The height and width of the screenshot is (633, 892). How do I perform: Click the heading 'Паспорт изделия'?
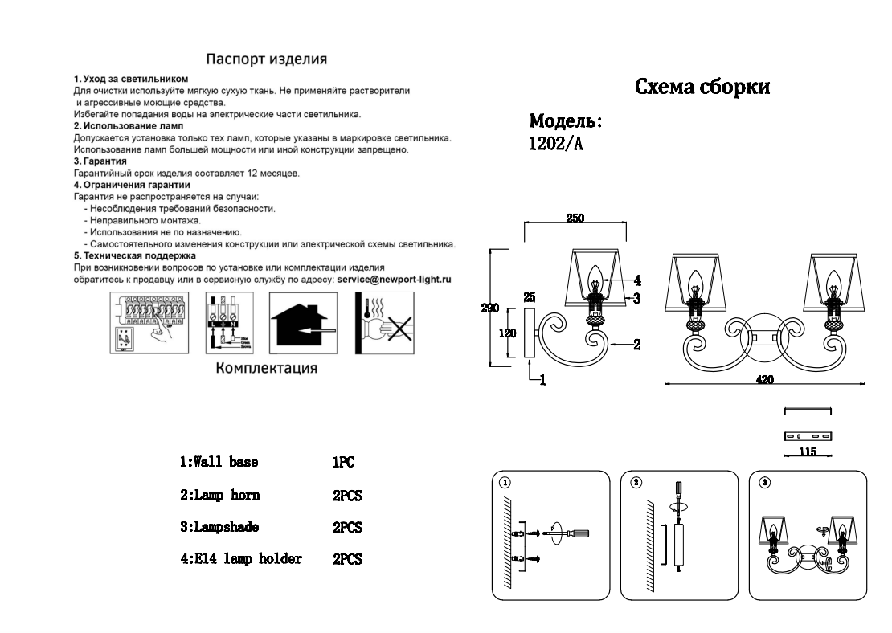266,59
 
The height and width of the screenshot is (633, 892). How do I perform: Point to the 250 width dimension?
575,217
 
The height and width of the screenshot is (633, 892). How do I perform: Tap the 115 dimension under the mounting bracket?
808,452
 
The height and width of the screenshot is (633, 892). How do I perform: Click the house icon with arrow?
303,324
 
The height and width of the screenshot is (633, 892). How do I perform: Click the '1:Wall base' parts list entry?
219,463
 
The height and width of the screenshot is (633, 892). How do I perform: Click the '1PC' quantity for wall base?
343,464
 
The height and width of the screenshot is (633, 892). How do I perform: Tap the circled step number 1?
504,483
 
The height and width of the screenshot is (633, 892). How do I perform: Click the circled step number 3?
764,483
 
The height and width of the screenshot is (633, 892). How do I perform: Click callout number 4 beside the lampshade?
636,280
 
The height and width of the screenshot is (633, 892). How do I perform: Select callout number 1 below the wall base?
542,382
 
